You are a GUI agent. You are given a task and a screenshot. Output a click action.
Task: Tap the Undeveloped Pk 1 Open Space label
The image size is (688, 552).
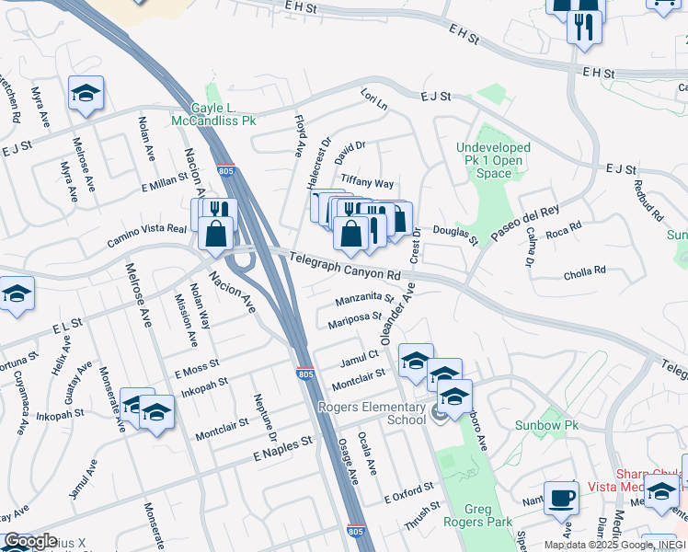point(494,160)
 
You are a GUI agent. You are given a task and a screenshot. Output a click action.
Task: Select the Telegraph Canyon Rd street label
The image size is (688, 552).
point(344,268)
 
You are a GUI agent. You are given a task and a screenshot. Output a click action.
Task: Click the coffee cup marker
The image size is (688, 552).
point(561,500)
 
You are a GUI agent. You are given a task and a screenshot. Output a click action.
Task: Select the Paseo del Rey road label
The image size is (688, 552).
point(524,224)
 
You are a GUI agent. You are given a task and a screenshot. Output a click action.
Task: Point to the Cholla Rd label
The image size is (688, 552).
point(586,271)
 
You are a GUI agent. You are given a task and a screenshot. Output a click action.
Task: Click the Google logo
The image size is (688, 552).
point(30,542)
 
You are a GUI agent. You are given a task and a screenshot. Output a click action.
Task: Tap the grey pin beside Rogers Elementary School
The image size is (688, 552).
point(438,414)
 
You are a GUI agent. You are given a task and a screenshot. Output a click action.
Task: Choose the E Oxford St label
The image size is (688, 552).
point(407,492)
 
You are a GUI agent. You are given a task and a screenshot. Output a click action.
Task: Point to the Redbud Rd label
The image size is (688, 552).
point(649,200)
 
